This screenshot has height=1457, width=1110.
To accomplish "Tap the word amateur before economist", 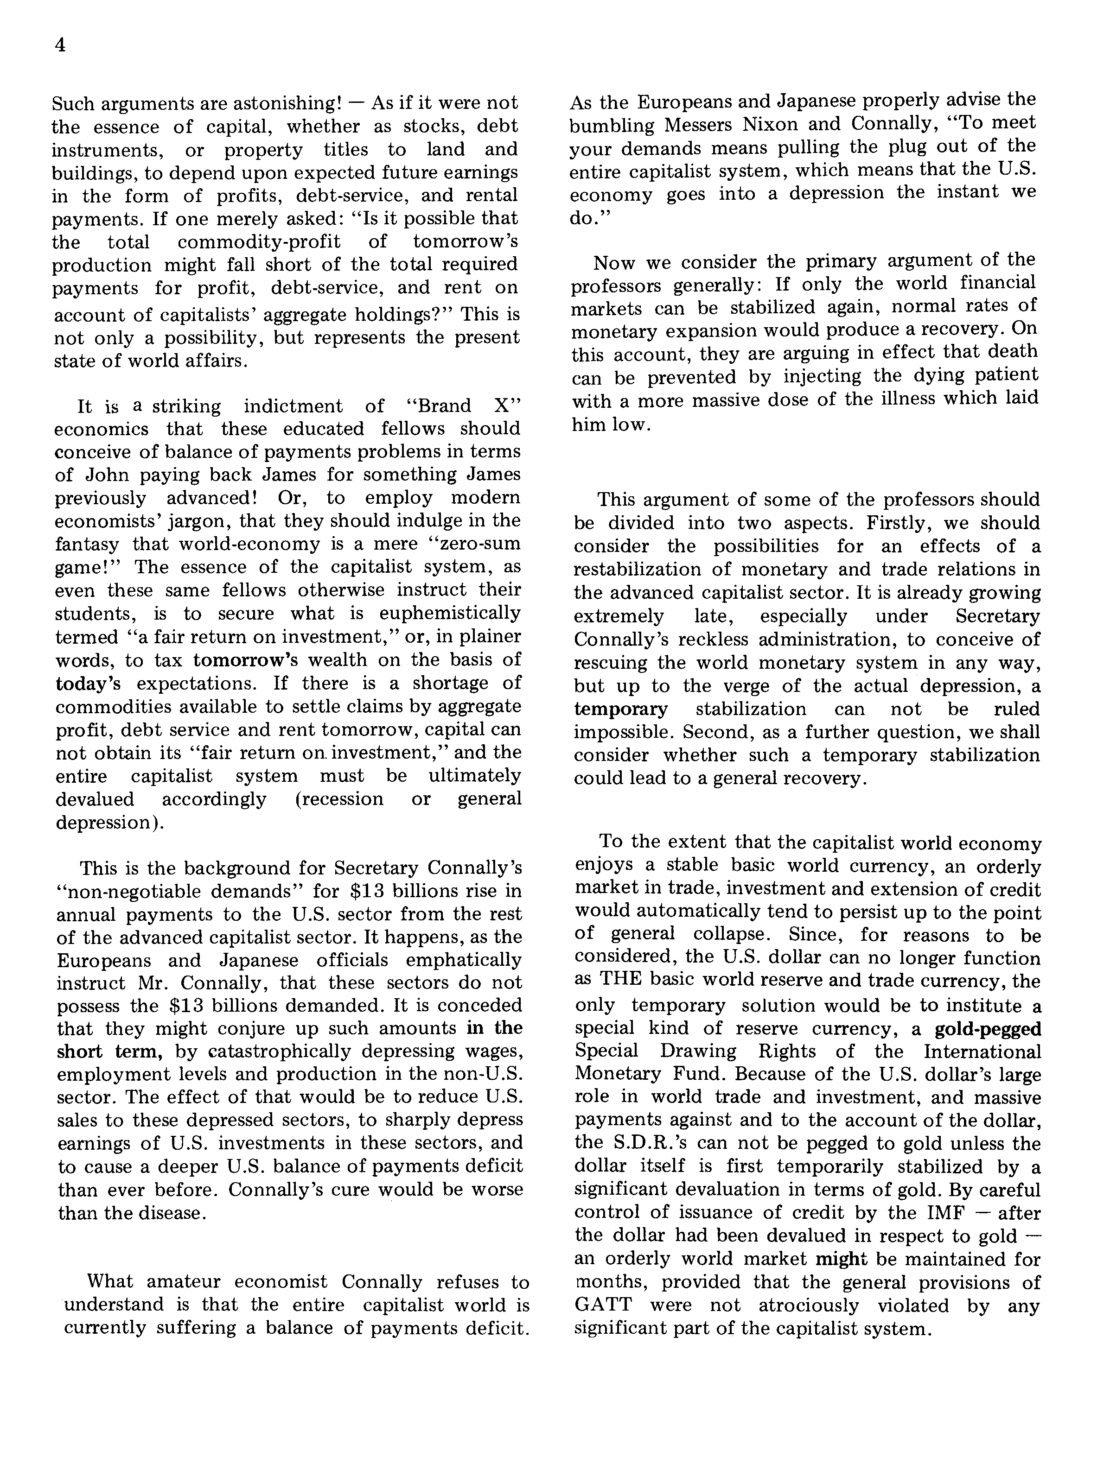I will click(x=185, y=1282).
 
